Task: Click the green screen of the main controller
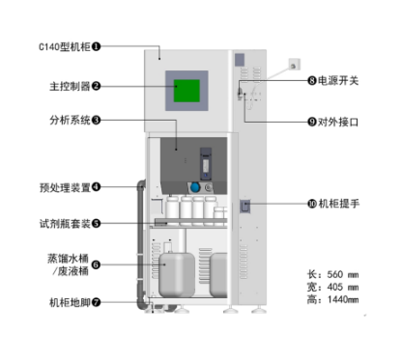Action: (x=187, y=91)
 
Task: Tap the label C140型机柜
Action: (x=65, y=46)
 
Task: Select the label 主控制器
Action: (x=70, y=86)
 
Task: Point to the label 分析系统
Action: (x=70, y=121)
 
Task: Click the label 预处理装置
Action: (x=65, y=187)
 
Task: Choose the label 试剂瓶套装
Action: (x=65, y=224)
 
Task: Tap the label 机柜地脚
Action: (x=70, y=302)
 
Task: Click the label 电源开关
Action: (x=338, y=80)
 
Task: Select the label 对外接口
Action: (x=338, y=122)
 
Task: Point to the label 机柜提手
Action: (x=339, y=204)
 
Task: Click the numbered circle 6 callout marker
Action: (x=96, y=264)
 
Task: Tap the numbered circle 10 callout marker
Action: (x=312, y=204)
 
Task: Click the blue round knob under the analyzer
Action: (x=195, y=187)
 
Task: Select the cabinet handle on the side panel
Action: (x=244, y=207)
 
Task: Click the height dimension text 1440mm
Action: (x=343, y=299)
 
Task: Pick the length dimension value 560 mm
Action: (x=343, y=274)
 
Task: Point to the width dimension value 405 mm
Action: (x=343, y=287)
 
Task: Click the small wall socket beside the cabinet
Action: (x=294, y=65)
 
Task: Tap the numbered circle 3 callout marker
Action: (x=96, y=121)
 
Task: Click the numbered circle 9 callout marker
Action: (x=312, y=122)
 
